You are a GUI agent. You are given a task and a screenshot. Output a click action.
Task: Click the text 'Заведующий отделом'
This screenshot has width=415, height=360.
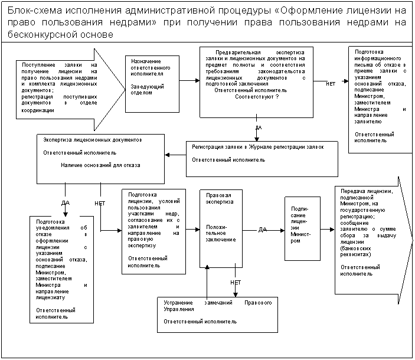[x=142, y=90]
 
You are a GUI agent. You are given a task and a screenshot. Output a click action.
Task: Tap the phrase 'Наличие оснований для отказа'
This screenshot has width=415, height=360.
[x=100, y=165]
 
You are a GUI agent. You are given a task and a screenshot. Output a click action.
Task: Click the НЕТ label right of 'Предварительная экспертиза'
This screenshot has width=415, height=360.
[x=331, y=84]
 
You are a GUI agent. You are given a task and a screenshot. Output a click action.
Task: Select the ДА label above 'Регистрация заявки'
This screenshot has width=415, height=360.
[x=259, y=127]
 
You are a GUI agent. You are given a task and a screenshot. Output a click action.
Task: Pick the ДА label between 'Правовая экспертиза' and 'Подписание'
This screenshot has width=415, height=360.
[x=262, y=229]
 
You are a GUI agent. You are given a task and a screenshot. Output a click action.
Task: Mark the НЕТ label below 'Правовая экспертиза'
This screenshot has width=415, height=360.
[x=236, y=283]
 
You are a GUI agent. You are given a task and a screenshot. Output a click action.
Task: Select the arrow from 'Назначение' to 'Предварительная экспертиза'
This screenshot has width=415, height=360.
[x=189, y=80]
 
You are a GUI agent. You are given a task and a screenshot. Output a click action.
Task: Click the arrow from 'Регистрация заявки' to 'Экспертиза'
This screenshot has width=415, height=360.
[x=175, y=155]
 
